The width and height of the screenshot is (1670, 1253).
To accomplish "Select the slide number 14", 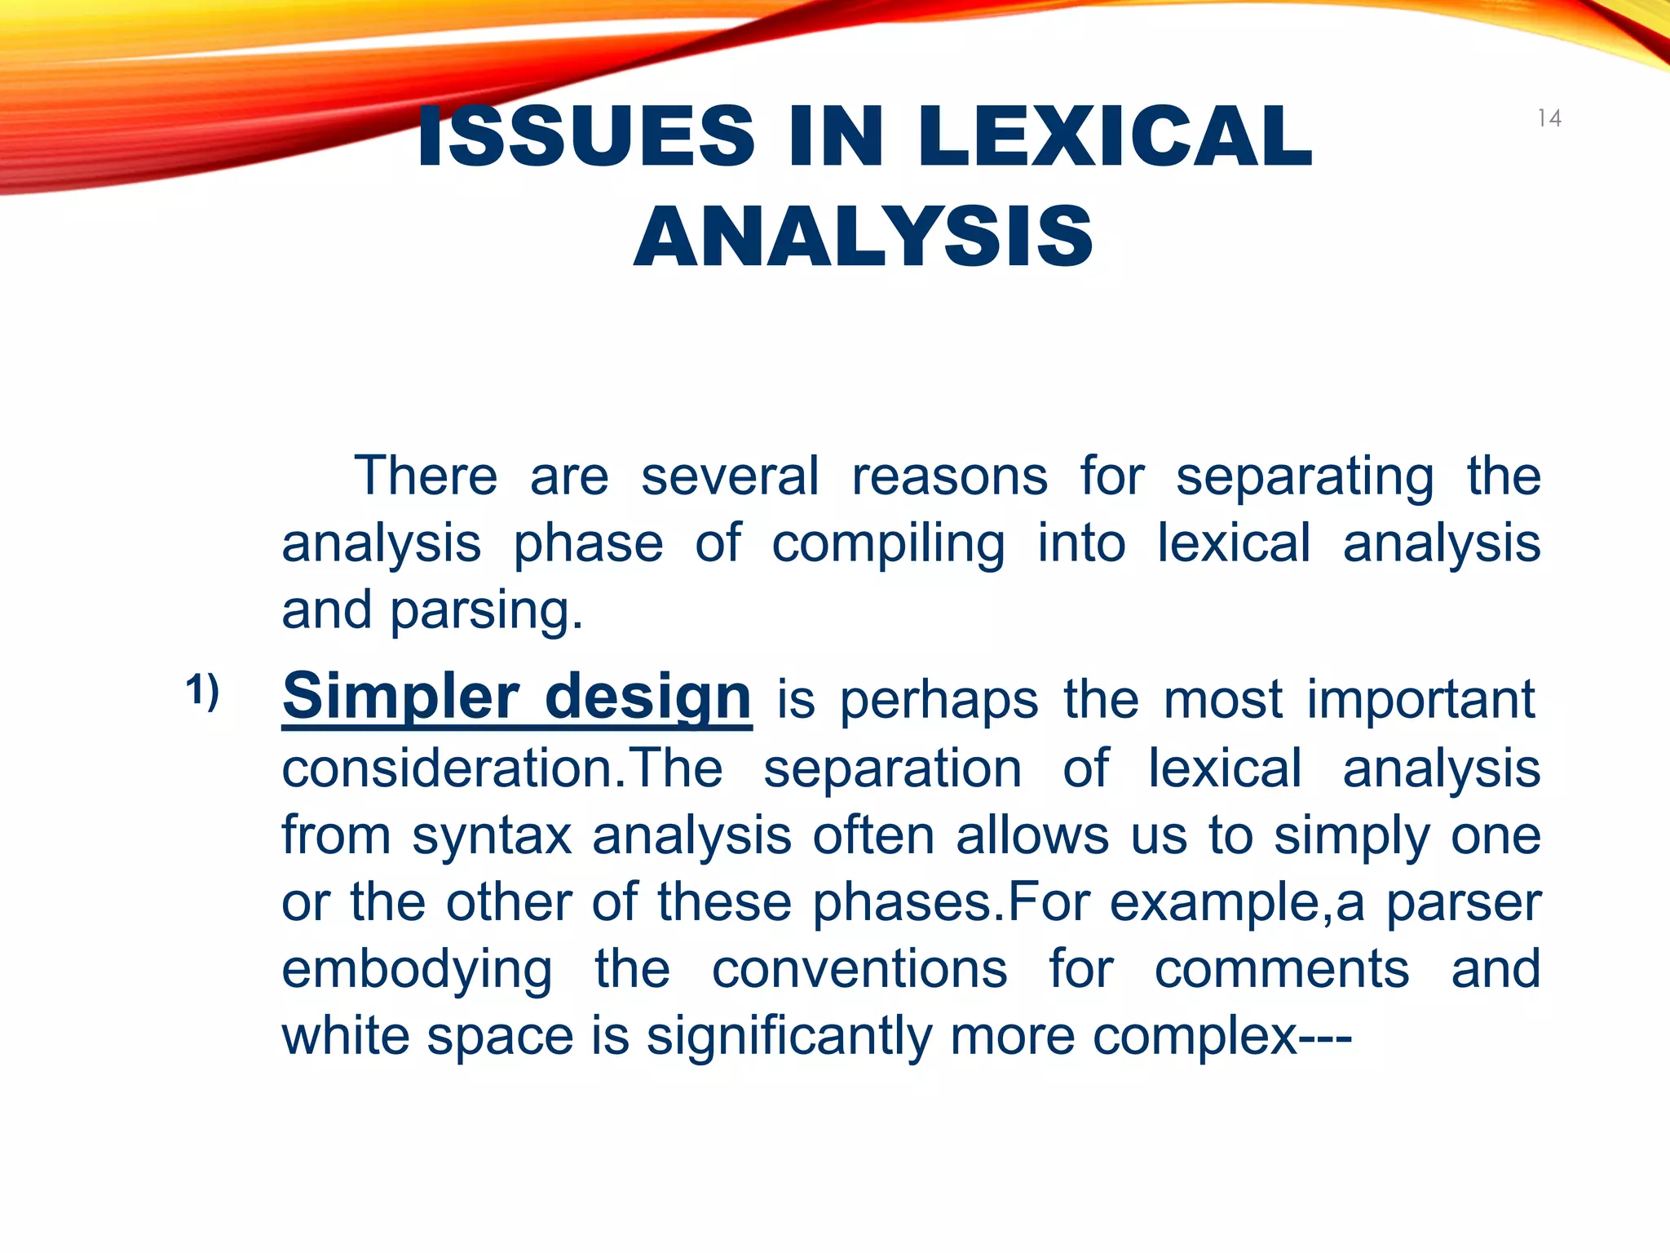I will tap(1549, 119).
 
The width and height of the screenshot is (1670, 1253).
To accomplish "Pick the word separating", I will tap(1304, 478).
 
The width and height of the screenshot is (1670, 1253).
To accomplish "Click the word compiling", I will tap(888, 545).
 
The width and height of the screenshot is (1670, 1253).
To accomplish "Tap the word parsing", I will tap(486, 612).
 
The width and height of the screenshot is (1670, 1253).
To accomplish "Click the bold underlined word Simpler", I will tap(400, 698).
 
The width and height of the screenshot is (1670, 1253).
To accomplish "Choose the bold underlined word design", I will tap(647, 698).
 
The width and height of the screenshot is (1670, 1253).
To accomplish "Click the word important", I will tap(1421, 700).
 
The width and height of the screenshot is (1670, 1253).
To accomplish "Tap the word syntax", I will tap(493, 836).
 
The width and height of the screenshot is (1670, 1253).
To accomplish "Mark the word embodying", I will tap(417, 971).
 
